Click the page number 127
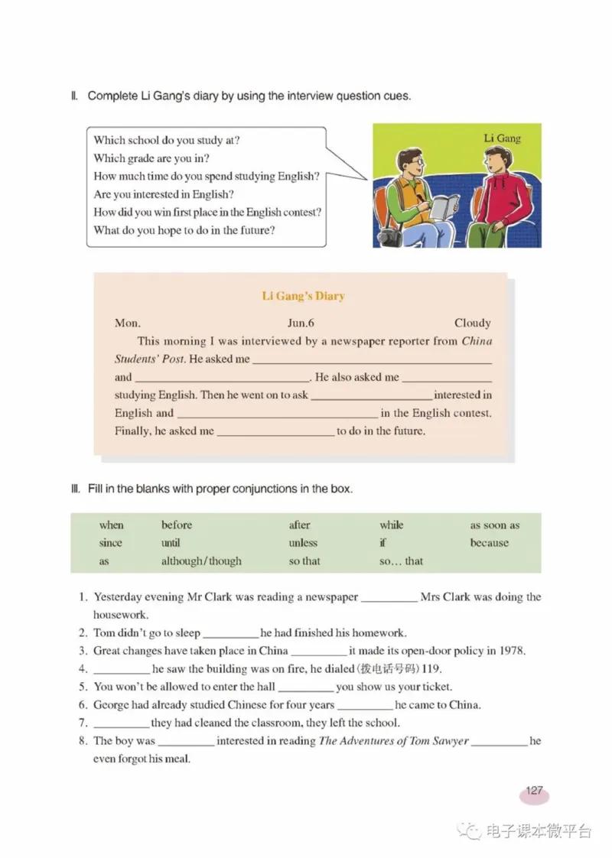[x=534, y=791]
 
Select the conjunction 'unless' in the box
[x=303, y=543]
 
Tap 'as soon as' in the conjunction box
[x=494, y=525]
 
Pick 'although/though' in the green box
[x=201, y=561]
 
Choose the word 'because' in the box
[x=489, y=543]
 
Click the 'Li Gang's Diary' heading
[x=303, y=296]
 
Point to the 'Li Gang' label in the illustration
[x=502, y=138]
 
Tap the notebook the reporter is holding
[x=443, y=206]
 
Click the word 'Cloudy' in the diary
[x=472, y=323]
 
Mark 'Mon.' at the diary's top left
[x=128, y=323]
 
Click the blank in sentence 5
[x=306, y=688]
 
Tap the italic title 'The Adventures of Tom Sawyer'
[x=393, y=741]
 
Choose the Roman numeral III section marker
[x=75, y=489]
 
